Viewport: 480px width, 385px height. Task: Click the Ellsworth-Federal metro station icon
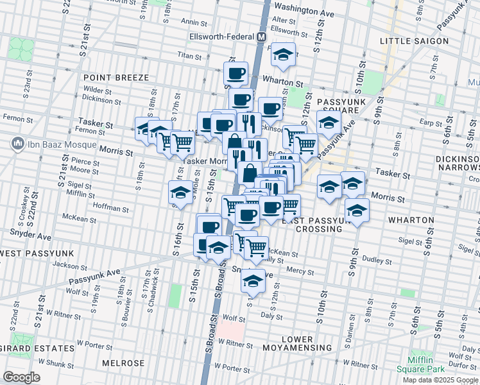tap(261, 37)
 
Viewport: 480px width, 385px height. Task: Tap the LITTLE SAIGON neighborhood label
tap(414, 41)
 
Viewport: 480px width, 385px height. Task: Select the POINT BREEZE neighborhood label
tap(116, 78)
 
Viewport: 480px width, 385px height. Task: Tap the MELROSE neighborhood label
tap(123, 363)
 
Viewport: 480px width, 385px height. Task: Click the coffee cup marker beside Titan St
tap(236, 74)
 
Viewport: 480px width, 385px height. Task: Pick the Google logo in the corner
tap(21, 377)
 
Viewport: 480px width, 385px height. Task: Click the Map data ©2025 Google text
tap(440, 380)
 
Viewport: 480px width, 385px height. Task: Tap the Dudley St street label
tap(377, 261)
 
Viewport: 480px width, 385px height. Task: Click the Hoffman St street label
tap(111, 208)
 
